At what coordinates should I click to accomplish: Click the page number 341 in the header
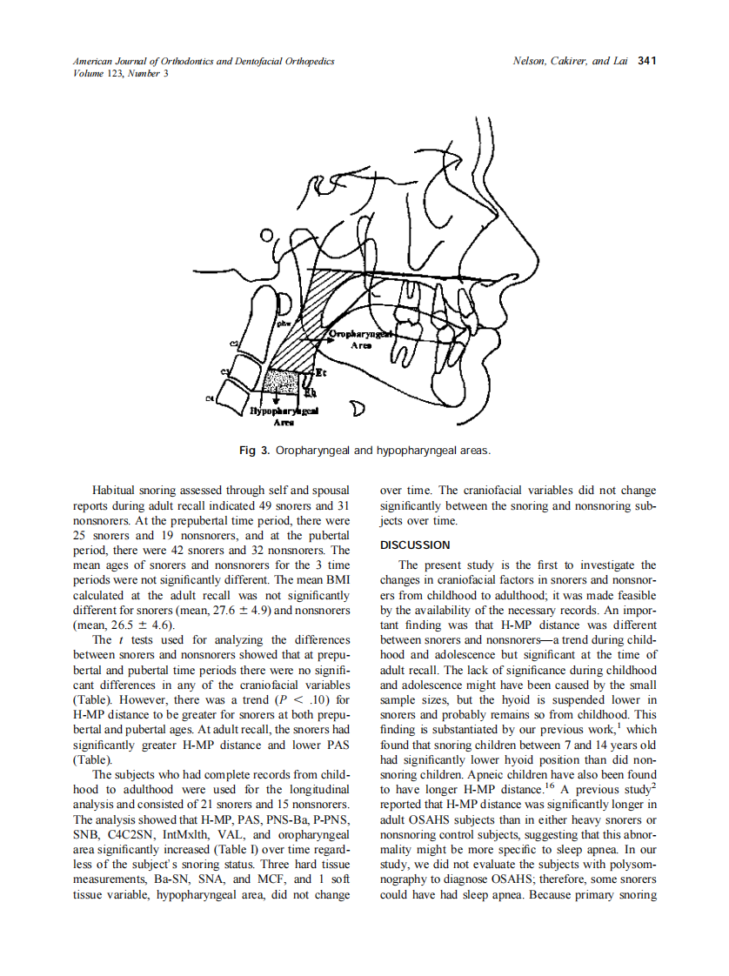[x=646, y=62]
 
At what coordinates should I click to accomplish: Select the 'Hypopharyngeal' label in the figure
[x=284, y=410]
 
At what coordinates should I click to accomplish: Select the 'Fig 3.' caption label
[x=254, y=451]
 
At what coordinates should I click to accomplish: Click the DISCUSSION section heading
[x=415, y=545]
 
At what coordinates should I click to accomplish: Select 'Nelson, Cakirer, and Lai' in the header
[x=571, y=62]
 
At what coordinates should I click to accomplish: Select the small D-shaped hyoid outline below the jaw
[x=357, y=409]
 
